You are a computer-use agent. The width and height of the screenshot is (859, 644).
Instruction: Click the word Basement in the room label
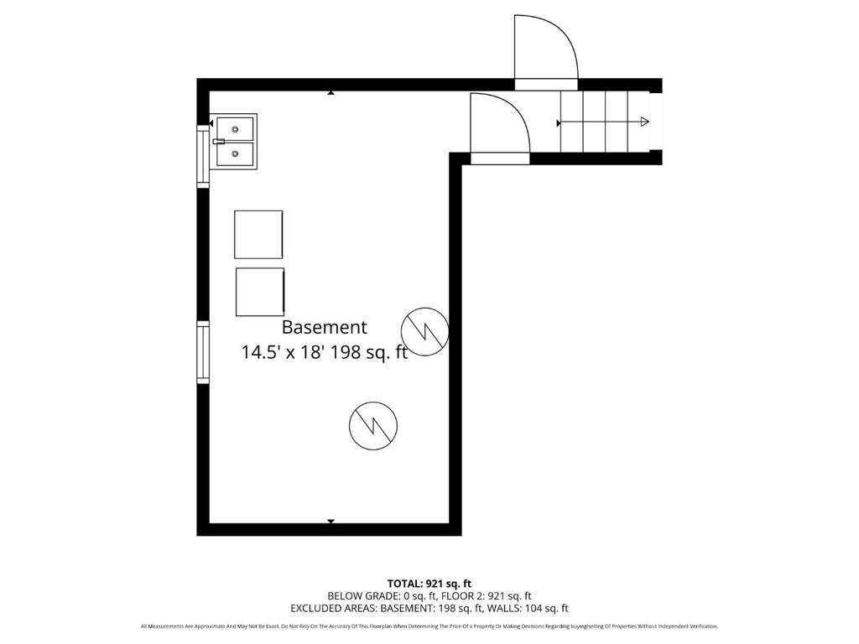coord(324,328)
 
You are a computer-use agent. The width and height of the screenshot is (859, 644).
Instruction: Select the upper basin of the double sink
coord(235,129)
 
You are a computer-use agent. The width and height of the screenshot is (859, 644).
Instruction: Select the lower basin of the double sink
coord(235,153)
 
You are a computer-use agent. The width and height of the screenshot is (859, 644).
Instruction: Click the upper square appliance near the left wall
coord(258,234)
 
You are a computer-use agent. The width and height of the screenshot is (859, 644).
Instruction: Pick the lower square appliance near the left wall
coord(259,292)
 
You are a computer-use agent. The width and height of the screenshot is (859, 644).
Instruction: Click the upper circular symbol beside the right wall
coord(425,330)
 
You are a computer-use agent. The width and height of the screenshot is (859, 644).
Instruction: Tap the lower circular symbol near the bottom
coord(372,424)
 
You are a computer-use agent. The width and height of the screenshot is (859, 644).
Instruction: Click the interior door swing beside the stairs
coord(499,126)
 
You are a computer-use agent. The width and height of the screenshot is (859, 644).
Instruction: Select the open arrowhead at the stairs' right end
coord(644,122)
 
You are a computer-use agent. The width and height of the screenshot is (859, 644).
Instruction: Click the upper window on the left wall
coord(202,154)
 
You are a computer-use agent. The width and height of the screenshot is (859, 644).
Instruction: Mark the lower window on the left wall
coord(202,352)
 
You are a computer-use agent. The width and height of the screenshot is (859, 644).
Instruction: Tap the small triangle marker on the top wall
coord(331,93)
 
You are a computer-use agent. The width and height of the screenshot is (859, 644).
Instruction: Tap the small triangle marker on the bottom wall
coord(331,522)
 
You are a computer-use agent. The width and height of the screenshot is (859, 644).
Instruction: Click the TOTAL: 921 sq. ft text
coord(429,584)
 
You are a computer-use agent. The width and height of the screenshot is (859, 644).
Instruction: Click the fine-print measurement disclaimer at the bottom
coord(429,626)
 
